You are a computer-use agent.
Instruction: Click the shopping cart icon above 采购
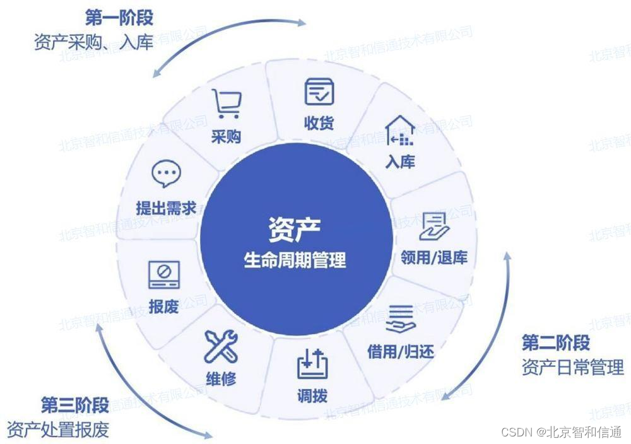225,103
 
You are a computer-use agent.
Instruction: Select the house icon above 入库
400,131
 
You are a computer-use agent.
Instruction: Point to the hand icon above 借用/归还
401,319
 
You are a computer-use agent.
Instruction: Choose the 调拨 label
312,396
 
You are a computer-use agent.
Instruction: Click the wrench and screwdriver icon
221,346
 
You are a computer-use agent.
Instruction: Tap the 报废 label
163,307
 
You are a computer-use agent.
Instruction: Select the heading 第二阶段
555,343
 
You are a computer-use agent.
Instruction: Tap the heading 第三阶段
75,404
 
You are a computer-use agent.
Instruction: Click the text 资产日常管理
572,367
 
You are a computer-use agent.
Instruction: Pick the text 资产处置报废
58,429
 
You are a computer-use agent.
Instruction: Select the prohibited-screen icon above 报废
163,274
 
